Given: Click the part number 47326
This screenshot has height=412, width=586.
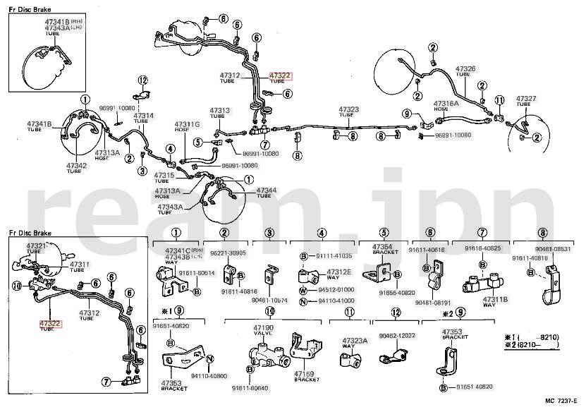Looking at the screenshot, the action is pos(465,69).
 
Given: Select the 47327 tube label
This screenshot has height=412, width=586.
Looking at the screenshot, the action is pos(526,98).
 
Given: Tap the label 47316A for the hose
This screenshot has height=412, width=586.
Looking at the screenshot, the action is pos(446,103).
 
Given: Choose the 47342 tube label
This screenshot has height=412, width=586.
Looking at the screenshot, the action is pos(76,166).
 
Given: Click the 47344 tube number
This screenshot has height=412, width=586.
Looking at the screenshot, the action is pos(267,190).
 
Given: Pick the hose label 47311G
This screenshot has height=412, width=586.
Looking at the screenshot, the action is pos(188,125).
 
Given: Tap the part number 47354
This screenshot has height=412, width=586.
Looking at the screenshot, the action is pos(382,246).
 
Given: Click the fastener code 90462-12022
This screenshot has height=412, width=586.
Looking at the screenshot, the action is pos(397,336).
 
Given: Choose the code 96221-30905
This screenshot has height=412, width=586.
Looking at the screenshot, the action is pos(228,253).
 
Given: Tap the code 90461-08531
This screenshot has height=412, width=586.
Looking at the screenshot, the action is pos(553,249).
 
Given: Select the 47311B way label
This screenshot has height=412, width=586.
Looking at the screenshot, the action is pos(495,299).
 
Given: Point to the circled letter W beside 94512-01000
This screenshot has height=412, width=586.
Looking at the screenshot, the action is pos(303,289).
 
